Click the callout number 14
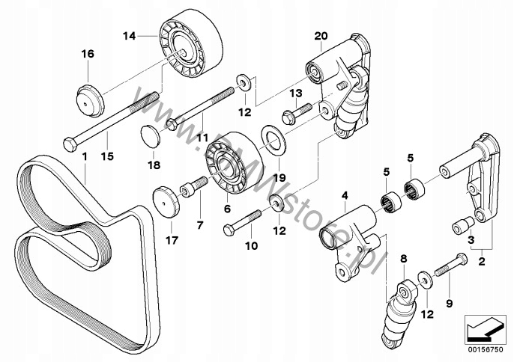pos(130,34)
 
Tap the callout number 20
pos(321,36)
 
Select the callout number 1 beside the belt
pos(85,157)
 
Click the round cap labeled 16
pos(89,99)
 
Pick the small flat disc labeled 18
pos(151,137)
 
